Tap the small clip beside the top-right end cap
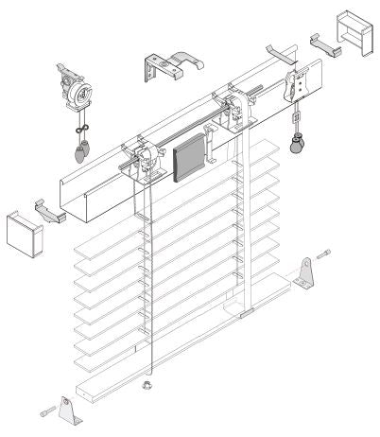(321, 43)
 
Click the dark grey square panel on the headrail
(189, 156)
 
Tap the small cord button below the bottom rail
(146, 384)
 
